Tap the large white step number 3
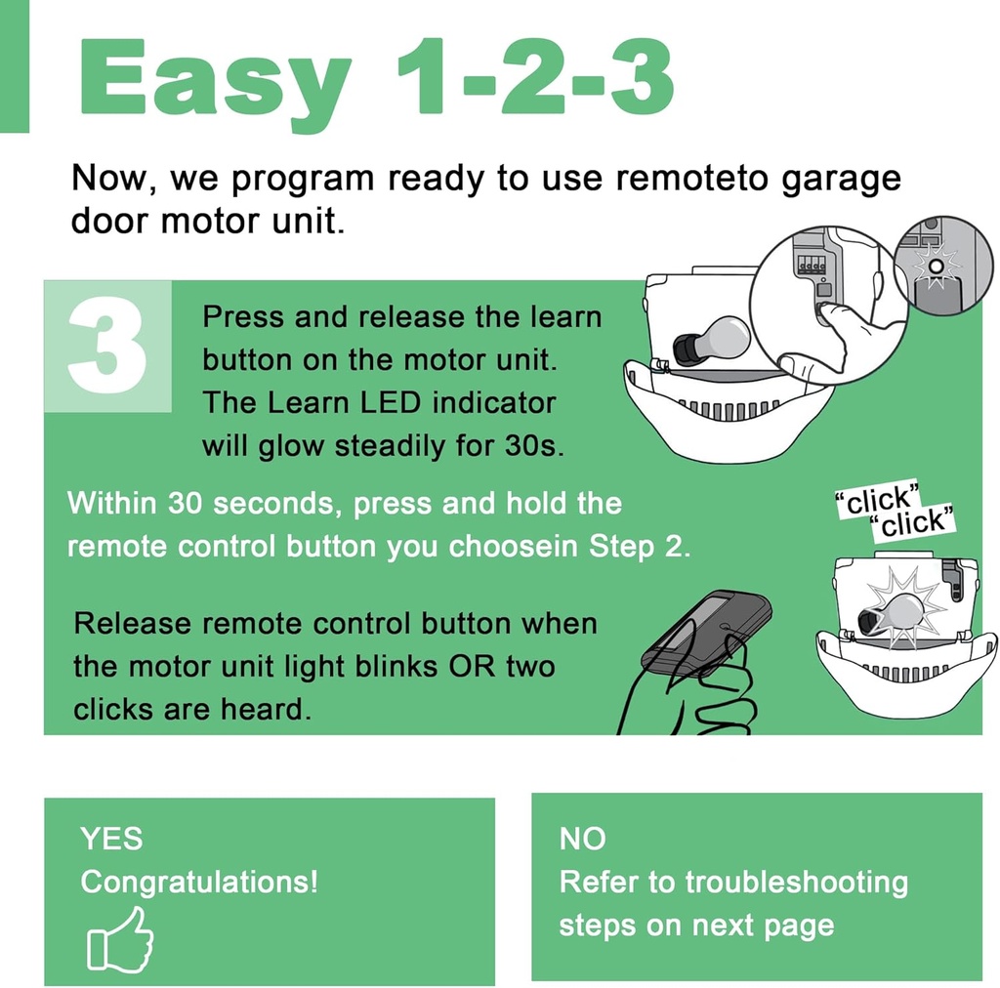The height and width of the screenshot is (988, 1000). [x=106, y=347]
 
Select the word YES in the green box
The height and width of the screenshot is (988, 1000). [x=111, y=839]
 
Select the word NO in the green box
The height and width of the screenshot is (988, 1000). [x=582, y=839]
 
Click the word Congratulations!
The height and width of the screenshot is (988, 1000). [x=199, y=882]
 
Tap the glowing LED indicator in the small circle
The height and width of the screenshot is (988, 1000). [x=936, y=265]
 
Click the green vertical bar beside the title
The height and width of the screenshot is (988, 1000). [x=15, y=65]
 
